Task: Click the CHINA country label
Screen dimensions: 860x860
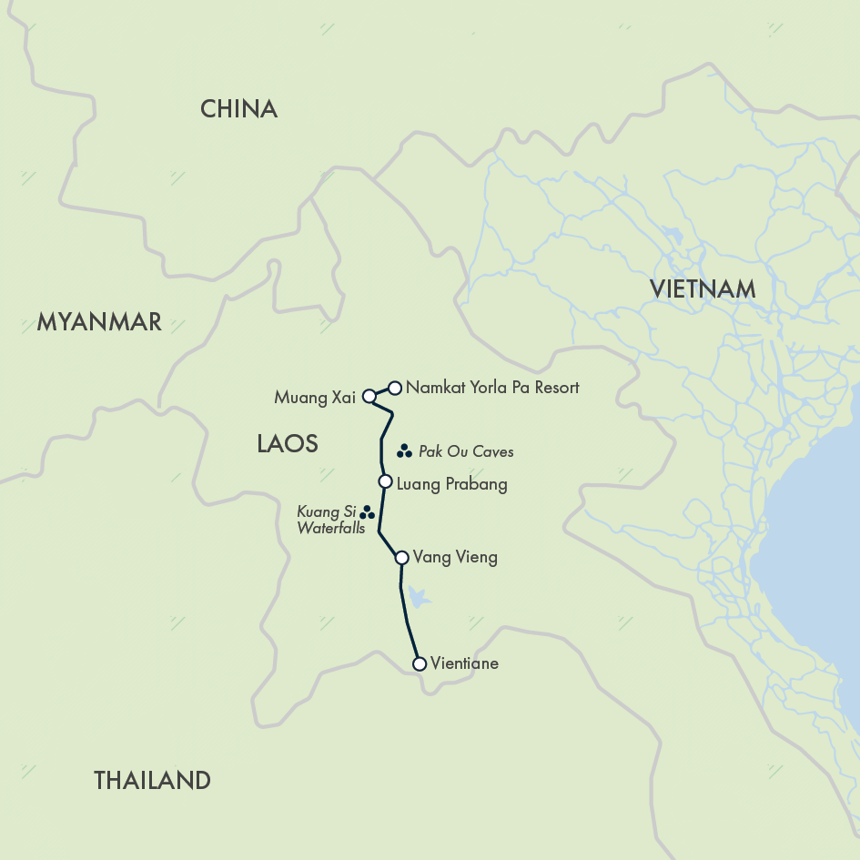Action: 238,110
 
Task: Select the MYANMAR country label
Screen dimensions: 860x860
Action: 99,321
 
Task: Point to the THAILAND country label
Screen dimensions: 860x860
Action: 152,780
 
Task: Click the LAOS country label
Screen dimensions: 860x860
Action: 287,443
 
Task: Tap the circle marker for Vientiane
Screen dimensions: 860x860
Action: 420,664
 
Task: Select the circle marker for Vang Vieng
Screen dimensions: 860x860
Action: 401,558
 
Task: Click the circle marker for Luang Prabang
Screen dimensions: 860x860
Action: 385,481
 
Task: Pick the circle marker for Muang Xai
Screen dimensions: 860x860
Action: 369,397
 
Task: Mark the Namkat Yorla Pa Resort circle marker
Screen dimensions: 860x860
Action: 395,388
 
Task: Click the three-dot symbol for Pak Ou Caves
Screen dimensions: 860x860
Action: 405,451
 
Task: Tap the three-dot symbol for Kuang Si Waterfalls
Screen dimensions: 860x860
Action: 367,513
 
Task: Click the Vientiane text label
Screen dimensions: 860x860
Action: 465,663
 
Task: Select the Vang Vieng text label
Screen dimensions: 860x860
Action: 455,557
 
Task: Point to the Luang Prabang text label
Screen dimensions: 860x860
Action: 451,484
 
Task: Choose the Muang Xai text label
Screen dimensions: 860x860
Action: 314,398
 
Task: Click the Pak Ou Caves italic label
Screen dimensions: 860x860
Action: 466,452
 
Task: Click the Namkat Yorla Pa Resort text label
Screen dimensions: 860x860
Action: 492,388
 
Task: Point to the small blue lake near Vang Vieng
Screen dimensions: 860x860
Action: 417,597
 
